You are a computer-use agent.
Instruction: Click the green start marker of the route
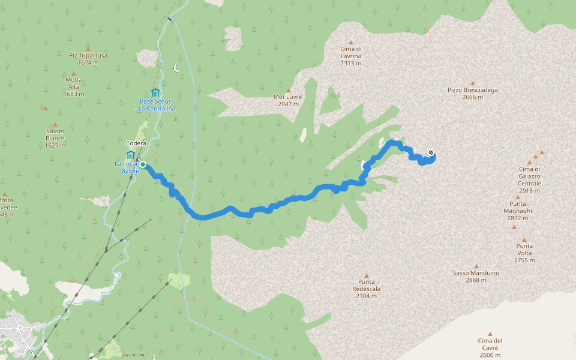click(143, 164)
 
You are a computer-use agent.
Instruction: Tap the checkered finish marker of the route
click(431, 152)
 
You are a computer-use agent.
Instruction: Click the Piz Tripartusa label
click(88, 55)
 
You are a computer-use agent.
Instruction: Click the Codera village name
click(136, 143)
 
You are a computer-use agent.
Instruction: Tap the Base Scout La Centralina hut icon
click(155, 92)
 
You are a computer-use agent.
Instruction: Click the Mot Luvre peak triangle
click(288, 90)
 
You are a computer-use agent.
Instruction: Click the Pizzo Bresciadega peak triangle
click(472, 83)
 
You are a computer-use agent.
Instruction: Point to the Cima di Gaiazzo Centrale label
click(530, 176)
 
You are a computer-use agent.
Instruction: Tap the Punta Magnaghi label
click(518, 207)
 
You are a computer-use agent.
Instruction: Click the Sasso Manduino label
click(476, 273)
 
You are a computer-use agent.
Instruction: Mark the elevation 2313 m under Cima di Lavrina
click(351, 63)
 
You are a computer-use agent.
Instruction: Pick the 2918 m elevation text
click(530, 191)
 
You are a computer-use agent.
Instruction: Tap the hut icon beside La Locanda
click(131, 154)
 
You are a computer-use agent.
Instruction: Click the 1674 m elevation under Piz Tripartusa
click(88, 62)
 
